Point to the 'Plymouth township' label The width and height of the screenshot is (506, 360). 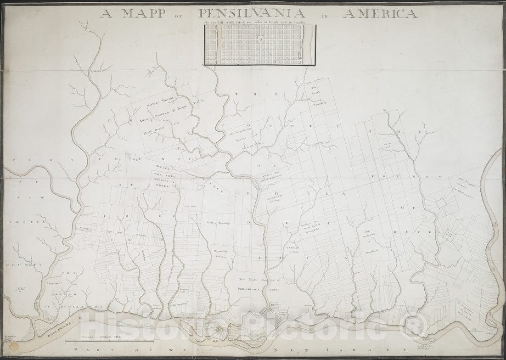click(x=272, y=197)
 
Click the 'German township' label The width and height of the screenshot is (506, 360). click(x=292, y=250)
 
